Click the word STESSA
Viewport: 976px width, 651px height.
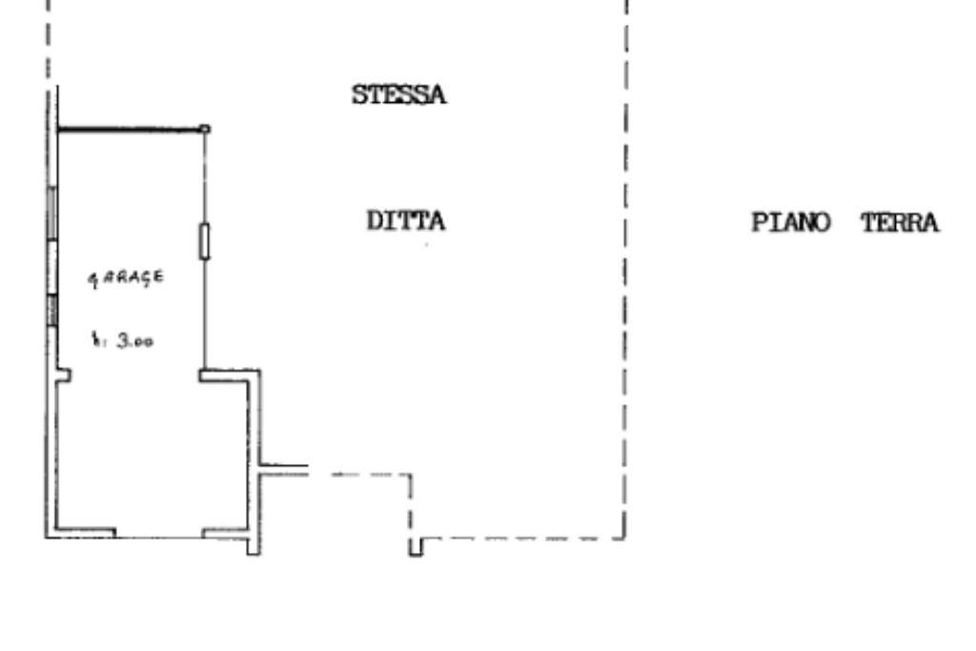click(399, 95)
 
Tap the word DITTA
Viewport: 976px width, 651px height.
click(406, 221)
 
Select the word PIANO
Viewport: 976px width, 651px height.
click(791, 223)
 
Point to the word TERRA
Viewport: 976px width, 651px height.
click(900, 223)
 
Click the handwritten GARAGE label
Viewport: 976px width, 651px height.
click(126, 278)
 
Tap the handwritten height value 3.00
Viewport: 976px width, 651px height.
click(135, 341)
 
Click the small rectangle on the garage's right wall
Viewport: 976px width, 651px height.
click(204, 241)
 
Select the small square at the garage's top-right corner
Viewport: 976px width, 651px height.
click(204, 129)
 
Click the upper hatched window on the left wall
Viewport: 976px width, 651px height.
click(52, 214)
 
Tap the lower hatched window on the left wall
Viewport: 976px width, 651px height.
click(53, 310)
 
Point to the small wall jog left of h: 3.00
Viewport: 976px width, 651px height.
click(64, 375)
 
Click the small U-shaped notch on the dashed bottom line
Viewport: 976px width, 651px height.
click(416, 547)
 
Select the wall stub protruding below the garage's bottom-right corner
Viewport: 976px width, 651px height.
click(254, 546)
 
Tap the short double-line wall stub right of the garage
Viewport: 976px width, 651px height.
click(284, 470)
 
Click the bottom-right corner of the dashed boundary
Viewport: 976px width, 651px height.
click(625, 539)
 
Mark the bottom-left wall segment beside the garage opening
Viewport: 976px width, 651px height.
click(86, 533)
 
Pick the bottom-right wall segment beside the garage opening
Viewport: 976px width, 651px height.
click(225, 533)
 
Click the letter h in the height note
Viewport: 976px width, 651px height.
click(96, 339)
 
